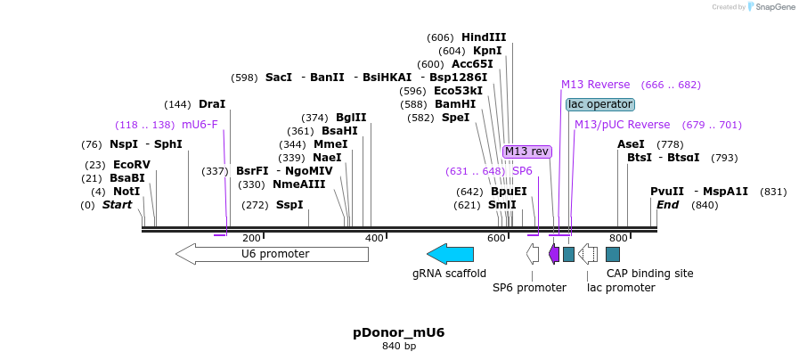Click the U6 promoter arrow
(x=272, y=254)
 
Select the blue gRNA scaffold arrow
(x=450, y=254)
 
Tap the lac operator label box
(x=600, y=104)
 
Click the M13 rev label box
(x=527, y=151)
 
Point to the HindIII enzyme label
(x=484, y=37)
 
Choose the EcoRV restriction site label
(x=132, y=165)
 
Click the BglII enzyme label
(x=351, y=118)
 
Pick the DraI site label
(x=212, y=104)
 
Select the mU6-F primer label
(x=200, y=125)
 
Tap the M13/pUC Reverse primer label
(x=622, y=125)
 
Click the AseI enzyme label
(x=631, y=144)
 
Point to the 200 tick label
(x=252, y=238)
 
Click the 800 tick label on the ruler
(x=618, y=238)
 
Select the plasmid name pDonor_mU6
(x=398, y=332)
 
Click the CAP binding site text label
(x=649, y=274)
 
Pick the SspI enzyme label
(x=289, y=205)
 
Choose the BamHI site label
(x=455, y=104)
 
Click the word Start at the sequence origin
(x=117, y=205)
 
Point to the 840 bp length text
(x=399, y=346)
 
